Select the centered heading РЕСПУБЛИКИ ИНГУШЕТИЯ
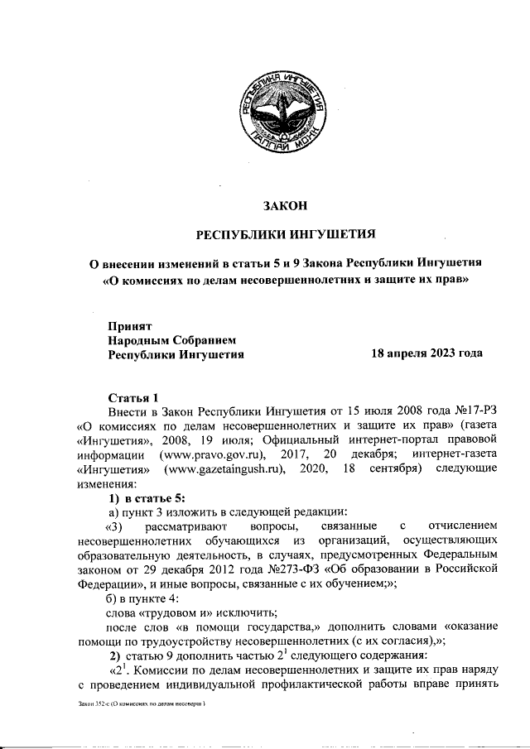pos(285,234)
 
